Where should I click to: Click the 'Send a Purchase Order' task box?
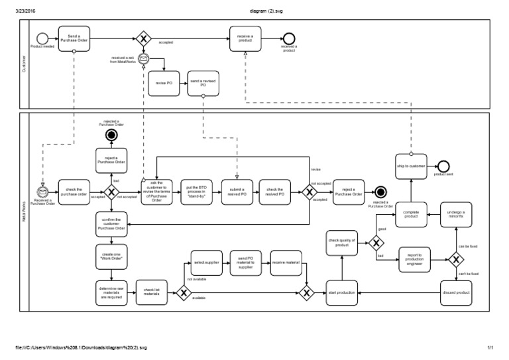74,38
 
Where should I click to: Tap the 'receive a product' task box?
245,38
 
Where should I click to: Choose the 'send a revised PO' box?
203,83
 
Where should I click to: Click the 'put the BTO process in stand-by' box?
197,192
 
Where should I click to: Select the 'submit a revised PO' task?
237,192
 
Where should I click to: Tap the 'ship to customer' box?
412,164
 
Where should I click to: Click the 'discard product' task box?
457,292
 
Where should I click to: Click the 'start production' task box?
341,292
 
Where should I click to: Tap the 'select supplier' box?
206,263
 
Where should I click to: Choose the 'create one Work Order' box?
112,256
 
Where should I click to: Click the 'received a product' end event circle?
288,38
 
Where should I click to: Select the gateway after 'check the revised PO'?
309,192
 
